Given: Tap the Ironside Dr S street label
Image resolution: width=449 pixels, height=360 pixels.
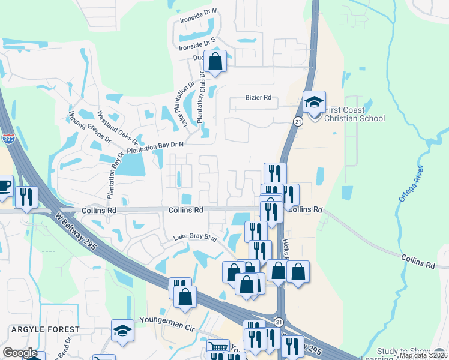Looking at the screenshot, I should pos(197,41).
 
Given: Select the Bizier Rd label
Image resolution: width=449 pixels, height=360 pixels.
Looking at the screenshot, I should pos(259,97).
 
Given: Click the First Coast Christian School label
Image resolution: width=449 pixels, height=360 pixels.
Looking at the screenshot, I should pos(354,114).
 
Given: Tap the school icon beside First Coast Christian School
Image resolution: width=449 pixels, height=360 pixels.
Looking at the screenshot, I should pos(313,103).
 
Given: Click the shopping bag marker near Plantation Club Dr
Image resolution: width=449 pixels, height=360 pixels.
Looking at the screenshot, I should pos(215,61).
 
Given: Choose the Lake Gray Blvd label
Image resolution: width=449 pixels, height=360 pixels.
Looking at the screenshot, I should pos(194,238).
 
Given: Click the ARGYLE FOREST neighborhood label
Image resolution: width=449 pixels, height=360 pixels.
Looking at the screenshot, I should pos(44,329).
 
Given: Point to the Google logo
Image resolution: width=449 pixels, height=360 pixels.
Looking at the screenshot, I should pos(20,353).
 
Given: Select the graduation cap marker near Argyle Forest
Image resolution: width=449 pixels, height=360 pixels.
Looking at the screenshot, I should pos(122,331).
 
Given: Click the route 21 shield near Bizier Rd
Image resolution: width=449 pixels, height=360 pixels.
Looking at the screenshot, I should pos(298,121).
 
